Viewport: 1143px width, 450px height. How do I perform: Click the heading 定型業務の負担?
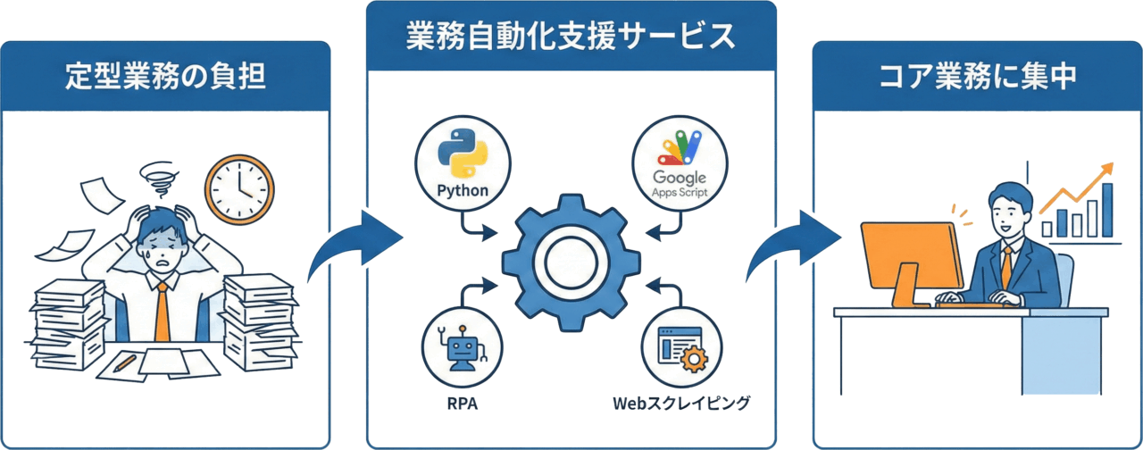click(x=165, y=77)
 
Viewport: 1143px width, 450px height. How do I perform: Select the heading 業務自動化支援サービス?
click(x=571, y=37)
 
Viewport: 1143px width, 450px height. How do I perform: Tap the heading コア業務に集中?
click(x=977, y=77)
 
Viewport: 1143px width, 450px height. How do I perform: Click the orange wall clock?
click(x=238, y=188)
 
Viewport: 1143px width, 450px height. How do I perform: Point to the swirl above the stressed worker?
click(x=160, y=179)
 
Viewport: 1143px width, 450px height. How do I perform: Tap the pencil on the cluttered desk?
click(x=126, y=362)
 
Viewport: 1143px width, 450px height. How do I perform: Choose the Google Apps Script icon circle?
click(x=680, y=162)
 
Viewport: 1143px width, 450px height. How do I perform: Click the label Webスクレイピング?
click(x=680, y=404)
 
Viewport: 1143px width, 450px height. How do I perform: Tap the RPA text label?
click(x=462, y=404)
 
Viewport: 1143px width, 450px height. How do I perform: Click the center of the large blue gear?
click(x=571, y=261)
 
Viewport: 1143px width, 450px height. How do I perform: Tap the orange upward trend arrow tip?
click(x=1110, y=167)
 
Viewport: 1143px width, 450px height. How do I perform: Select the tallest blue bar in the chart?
click(x=1107, y=210)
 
